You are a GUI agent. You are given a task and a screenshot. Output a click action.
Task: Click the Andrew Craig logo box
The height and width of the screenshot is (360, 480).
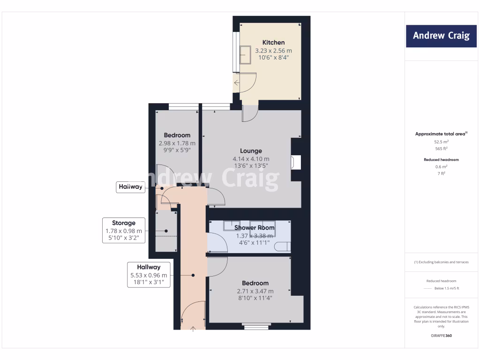pyautogui.click(x=441, y=36)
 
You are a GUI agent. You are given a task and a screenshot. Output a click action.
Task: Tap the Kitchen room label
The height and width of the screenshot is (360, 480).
pyautogui.click(x=273, y=43)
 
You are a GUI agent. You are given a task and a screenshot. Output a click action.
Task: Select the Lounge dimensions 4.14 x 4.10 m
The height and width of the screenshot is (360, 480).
pyautogui.click(x=251, y=159)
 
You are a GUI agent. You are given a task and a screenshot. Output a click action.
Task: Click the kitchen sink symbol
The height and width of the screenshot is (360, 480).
pyautogui.click(x=246, y=55)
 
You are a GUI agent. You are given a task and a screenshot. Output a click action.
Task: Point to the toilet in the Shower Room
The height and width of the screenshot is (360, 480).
pyautogui.click(x=283, y=246)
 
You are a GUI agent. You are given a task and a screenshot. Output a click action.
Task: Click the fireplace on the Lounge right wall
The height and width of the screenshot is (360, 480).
pyautogui.click(x=294, y=162)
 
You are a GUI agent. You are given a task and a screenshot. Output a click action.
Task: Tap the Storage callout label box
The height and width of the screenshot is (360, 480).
pyautogui.click(x=123, y=230)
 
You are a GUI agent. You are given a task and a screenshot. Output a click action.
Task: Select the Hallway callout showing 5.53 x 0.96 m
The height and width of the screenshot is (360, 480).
pyautogui.click(x=149, y=275)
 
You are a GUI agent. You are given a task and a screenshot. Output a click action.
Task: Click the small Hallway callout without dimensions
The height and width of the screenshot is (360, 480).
pyautogui.click(x=130, y=187)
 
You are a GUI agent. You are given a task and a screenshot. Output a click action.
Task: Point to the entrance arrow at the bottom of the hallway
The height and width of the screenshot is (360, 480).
pyautogui.click(x=193, y=330)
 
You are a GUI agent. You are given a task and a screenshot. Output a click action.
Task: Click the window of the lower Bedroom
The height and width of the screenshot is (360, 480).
pyautogui.click(x=256, y=326)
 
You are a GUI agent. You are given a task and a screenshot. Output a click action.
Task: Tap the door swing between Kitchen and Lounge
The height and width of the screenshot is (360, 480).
pyautogui.click(x=249, y=114)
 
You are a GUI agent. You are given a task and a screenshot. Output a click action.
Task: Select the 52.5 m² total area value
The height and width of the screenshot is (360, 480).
pyautogui.click(x=441, y=141)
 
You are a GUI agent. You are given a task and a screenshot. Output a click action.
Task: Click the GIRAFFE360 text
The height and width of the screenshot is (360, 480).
pyautogui.click(x=441, y=336)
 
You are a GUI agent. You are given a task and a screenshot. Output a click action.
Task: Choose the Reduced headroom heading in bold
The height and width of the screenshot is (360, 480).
pyautogui.click(x=441, y=160)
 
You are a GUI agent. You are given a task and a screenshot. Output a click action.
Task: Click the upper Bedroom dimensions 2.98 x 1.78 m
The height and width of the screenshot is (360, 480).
pyautogui.click(x=177, y=143)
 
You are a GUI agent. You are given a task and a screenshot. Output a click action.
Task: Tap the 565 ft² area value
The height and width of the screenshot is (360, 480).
pyautogui.click(x=441, y=148)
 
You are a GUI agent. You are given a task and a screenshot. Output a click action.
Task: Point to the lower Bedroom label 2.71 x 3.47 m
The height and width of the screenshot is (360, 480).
pyautogui.click(x=255, y=291)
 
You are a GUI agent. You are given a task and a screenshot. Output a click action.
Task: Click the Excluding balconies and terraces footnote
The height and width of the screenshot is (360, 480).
pyautogui.click(x=441, y=262)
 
